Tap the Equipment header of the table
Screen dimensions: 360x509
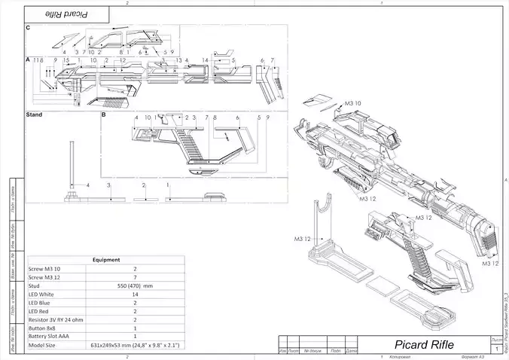(105, 260)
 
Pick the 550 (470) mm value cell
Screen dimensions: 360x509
(136, 286)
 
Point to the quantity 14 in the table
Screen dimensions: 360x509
(136, 294)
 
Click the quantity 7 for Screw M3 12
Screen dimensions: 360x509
(136, 277)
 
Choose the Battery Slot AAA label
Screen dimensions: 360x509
(50, 337)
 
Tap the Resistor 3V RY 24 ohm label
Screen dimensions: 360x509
(57, 320)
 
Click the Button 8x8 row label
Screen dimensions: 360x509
(44, 328)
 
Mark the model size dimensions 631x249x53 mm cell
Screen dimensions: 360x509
(136, 345)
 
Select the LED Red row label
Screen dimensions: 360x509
(41, 311)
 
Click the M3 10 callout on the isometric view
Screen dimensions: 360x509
(352, 102)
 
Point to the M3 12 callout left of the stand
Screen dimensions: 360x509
(303, 239)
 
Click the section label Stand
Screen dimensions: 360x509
(34, 115)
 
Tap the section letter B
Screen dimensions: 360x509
(103, 115)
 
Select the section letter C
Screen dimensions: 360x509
(28, 28)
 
